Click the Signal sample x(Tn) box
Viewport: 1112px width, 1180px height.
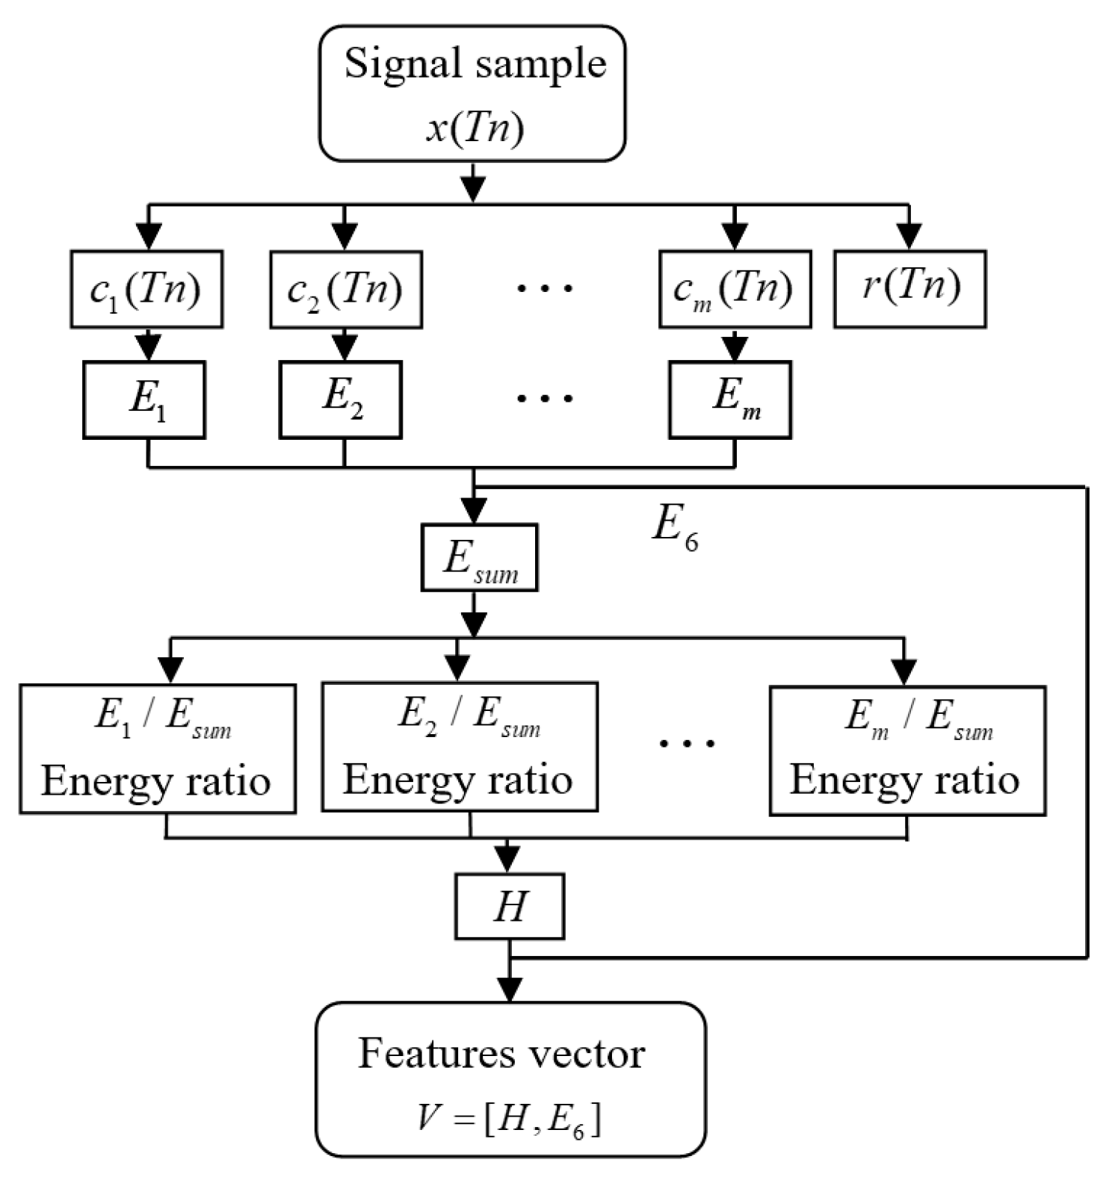(x=472, y=93)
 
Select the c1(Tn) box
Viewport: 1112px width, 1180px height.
(x=146, y=289)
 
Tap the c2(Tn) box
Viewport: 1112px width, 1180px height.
(x=345, y=290)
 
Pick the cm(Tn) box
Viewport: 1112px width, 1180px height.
(x=735, y=289)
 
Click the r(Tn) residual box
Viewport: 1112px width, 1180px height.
(x=909, y=288)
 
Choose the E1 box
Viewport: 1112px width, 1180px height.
(x=144, y=400)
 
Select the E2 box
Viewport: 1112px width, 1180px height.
(x=340, y=400)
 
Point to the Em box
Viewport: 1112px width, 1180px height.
(x=730, y=400)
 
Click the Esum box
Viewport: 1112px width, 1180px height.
(x=479, y=558)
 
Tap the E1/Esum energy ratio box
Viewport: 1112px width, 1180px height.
(x=158, y=748)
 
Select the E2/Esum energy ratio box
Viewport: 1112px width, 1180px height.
(x=460, y=746)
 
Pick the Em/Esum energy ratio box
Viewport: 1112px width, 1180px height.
(x=907, y=750)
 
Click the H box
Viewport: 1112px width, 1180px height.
(x=510, y=906)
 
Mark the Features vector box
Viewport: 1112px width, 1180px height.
(x=510, y=1078)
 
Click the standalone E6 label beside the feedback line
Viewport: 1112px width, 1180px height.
(x=674, y=526)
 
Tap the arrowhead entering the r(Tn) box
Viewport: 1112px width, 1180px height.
(x=909, y=237)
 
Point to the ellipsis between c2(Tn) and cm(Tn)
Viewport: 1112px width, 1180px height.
(x=545, y=288)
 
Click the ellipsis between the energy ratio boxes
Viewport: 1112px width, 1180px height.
(x=687, y=743)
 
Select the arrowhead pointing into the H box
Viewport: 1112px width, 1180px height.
(x=507, y=860)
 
